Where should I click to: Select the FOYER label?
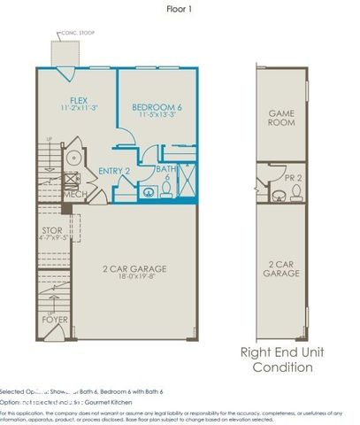click(53, 319)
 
